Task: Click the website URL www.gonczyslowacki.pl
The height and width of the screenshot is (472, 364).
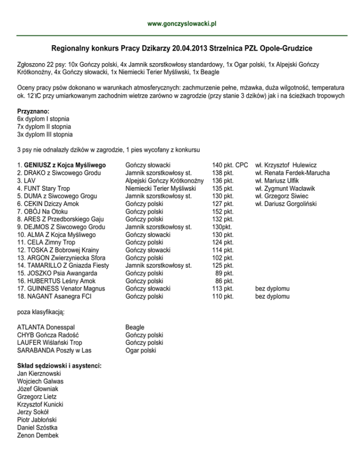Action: pyautogui.click(x=182, y=23)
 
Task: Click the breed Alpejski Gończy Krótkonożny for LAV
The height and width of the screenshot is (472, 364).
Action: pyautogui.click(x=164, y=180)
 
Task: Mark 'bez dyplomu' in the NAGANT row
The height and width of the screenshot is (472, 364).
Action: pyautogui.click(x=273, y=296)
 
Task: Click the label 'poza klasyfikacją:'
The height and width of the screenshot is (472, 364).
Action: pyautogui.click(x=41, y=312)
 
